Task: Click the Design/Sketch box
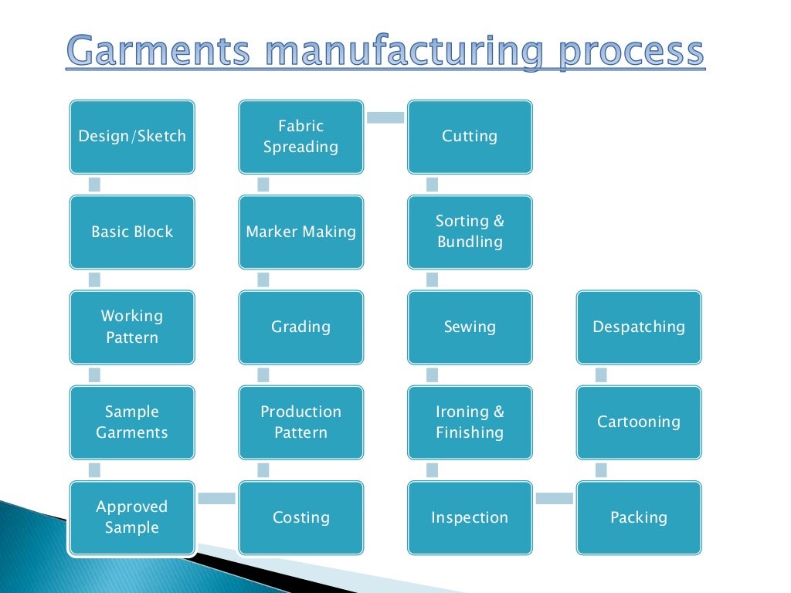click(x=132, y=137)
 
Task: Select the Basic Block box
click(x=132, y=232)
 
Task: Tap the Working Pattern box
click(x=132, y=327)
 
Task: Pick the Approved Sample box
click(x=132, y=517)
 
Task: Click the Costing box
click(x=300, y=517)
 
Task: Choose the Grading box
click(x=300, y=327)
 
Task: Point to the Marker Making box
click(x=300, y=232)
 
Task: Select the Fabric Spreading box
click(x=300, y=137)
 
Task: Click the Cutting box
click(x=470, y=137)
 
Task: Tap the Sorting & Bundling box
click(x=470, y=232)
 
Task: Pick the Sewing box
click(x=470, y=327)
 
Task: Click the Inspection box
click(x=470, y=517)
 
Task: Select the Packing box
click(x=639, y=517)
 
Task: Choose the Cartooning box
click(x=639, y=422)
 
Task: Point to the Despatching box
click(x=639, y=327)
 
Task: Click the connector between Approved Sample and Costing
click(x=216, y=499)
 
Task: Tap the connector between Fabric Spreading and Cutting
click(x=385, y=117)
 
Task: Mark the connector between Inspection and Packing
click(x=554, y=499)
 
